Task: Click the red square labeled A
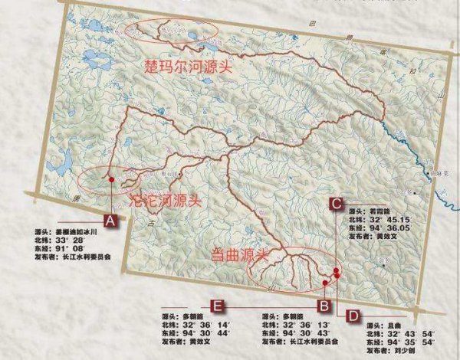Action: point(112,221)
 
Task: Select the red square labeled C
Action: point(336,203)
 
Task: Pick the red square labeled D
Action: point(353,314)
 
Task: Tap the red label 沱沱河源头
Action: point(166,202)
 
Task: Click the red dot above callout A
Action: point(112,179)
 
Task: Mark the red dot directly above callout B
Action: point(325,283)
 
